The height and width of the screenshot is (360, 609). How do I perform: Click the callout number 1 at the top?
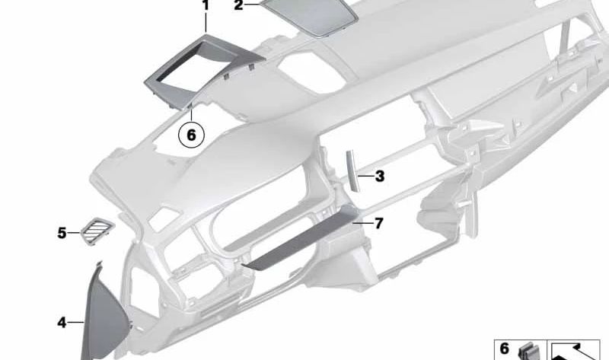pos(205,6)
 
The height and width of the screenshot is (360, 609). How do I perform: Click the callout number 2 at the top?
pos(238,6)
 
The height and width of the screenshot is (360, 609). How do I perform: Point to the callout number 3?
pos(379,177)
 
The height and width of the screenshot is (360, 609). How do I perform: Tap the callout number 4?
pos(62,323)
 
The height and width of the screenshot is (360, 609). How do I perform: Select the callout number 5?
pos(62,232)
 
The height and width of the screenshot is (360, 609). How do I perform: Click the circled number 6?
pos(191,135)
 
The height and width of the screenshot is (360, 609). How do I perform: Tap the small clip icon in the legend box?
pos(526,352)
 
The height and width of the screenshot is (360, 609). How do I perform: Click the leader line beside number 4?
pos(77,323)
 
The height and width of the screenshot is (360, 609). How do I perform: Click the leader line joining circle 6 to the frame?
pos(191,116)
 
